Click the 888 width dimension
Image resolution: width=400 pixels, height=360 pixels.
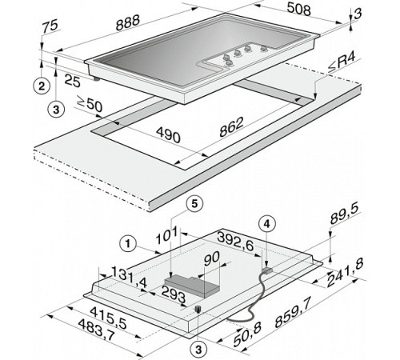[128, 22]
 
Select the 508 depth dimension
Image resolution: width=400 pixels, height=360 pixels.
[299, 10]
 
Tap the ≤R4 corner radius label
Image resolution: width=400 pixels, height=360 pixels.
[342, 64]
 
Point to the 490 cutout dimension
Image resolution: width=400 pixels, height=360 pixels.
[168, 134]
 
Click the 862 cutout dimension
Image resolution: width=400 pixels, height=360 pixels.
[231, 127]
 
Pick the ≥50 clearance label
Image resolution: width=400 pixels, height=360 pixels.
[90, 103]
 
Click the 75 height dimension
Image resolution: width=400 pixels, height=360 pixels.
[50, 26]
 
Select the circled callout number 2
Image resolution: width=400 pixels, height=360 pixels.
[42, 86]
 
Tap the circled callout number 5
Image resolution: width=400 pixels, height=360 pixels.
[194, 204]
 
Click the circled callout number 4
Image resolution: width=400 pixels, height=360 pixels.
[267, 224]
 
